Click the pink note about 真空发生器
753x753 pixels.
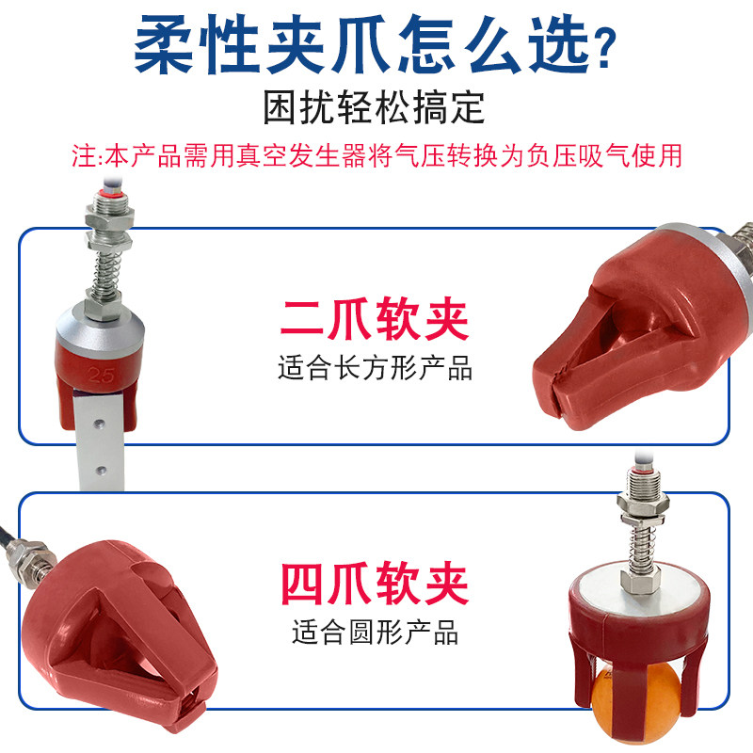coord(376,154)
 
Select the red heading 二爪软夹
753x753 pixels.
coord(374,319)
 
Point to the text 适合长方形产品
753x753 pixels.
coord(374,367)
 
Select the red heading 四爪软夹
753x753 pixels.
coord(374,585)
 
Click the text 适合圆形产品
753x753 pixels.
coord(374,632)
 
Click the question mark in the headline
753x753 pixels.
coord(606,47)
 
